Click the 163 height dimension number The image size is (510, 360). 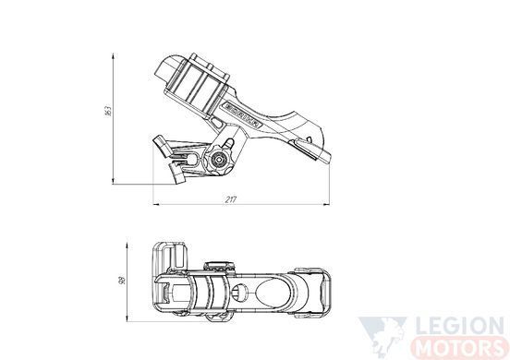[x=108, y=111]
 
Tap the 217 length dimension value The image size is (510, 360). [x=231, y=199]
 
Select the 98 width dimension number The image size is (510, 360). [x=122, y=281]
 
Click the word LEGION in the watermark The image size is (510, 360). [x=460, y=327]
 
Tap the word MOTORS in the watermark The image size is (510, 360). [x=459, y=348]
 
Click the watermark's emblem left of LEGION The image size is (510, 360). [x=383, y=337]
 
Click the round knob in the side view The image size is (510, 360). [x=217, y=160]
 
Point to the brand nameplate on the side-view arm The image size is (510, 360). [x=243, y=115]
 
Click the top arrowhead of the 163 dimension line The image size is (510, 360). [x=113, y=56]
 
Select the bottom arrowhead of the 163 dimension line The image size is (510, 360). [x=113, y=181]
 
